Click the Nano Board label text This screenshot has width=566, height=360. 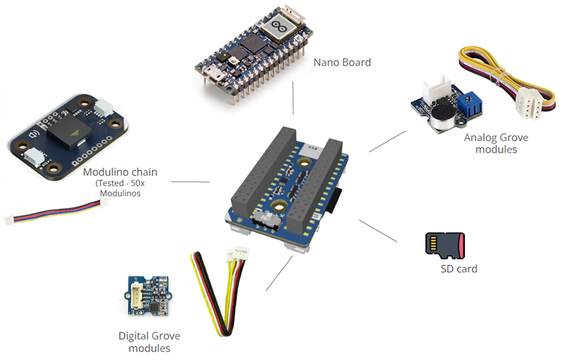(x=342, y=63)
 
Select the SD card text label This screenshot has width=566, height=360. (x=459, y=269)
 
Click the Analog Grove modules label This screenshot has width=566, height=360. (x=491, y=144)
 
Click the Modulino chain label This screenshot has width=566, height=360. (x=120, y=172)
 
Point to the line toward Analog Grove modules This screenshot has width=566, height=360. (x=387, y=141)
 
